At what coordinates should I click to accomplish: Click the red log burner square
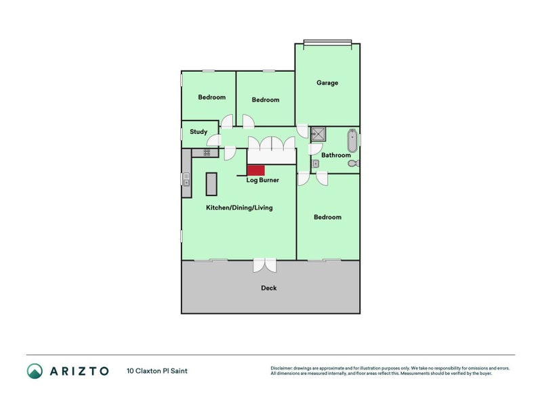tap(255, 171)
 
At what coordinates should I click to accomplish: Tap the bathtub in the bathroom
tap(352, 141)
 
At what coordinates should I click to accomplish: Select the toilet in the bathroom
tap(354, 163)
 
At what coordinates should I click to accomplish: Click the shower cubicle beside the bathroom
tap(318, 134)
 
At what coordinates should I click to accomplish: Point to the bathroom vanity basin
tap(316, 163)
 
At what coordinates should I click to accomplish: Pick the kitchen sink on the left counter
tap(186, 179)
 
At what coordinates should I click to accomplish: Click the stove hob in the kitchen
tap(207, 153)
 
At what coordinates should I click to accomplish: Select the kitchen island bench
tap(211, 183)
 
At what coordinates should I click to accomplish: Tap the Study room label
tap(199, 132)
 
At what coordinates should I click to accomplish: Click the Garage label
tap(327, 83)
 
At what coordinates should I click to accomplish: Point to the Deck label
tap(269, 288)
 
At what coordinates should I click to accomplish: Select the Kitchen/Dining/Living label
tap(239, 208)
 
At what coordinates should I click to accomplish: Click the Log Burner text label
tap(262, 180)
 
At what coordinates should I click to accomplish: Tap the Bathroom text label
tap(336, 155)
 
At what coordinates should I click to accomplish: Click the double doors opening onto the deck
tap(264, 265)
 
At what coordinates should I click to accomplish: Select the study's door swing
tap(214, 140)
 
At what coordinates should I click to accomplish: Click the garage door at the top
tap(327, 44)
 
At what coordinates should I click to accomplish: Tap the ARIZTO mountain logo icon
tap(35, 371)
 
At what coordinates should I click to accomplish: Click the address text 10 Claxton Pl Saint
tap(157, 371)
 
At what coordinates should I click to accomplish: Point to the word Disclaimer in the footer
tap(283, 368)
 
